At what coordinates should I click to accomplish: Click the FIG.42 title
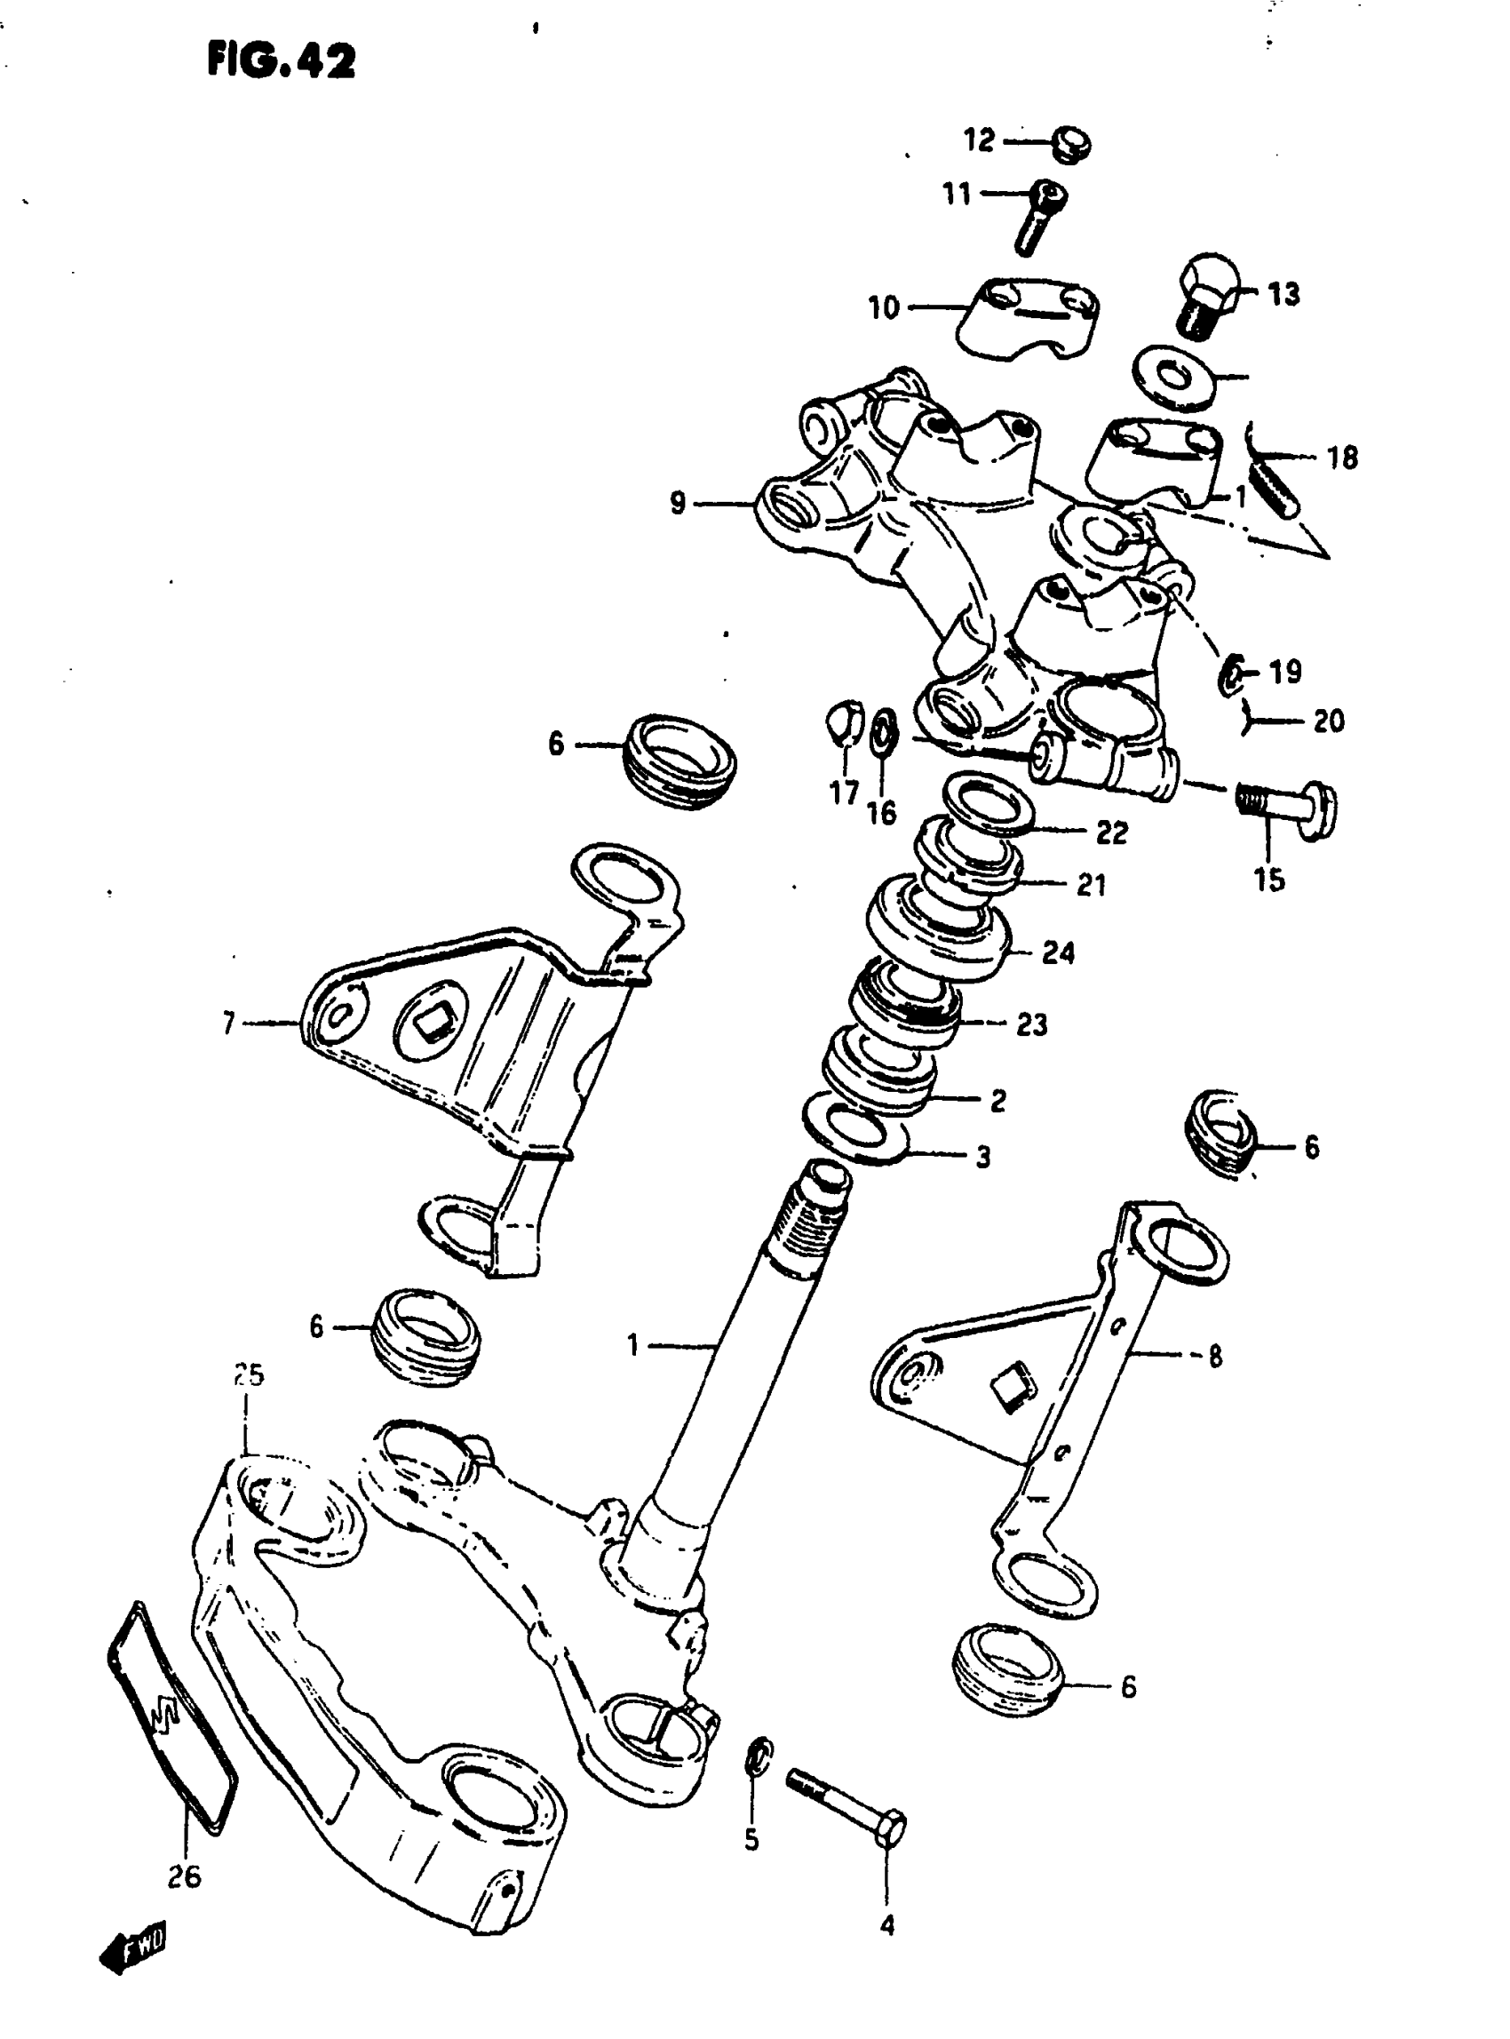point(281,62)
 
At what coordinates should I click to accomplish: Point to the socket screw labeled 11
point(1042,214)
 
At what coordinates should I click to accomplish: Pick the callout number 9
point(678,503)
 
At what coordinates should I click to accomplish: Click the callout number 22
point(1112,832)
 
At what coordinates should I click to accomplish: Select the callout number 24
point(1059,952)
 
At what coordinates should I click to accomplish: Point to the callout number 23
point(1032,1024)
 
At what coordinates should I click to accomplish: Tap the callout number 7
point(229,1023)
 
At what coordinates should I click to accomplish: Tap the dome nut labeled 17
point(845,722)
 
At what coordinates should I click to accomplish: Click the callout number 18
point(1342,458)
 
